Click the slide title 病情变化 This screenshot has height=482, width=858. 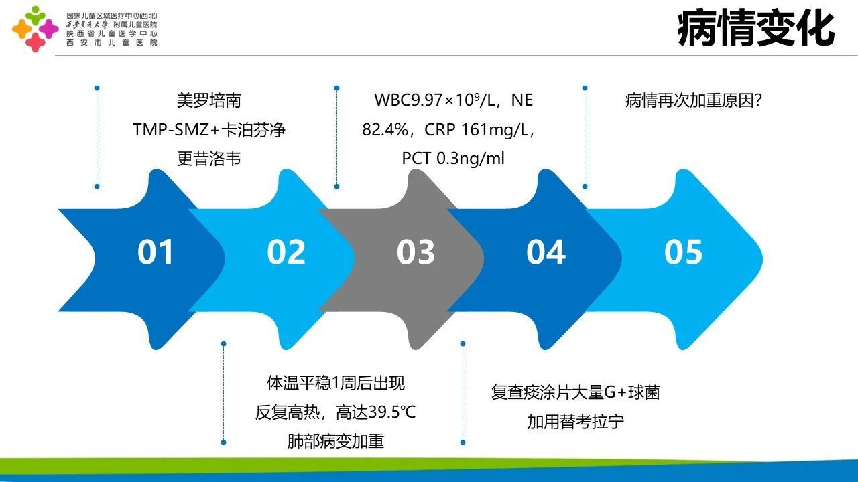(x=755, y=28)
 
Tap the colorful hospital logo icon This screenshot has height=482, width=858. (x=36, y=29)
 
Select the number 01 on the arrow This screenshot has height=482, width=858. (x=155, y=252)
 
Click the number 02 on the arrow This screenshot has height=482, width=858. (x=286, y=252)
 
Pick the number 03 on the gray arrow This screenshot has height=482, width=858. (x=416, y=252)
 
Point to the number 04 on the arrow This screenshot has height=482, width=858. (x=546, y=252)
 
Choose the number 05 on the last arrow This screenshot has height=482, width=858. (x=683, y=252)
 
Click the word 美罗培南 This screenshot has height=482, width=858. (x=208, y=100)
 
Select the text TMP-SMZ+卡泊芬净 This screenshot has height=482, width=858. (x=209, y=130)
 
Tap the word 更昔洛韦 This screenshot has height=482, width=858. (x=208, y=159)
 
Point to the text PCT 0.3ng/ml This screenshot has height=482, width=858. (x=453, y=159)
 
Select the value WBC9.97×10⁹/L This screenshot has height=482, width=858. (x=435, y=100)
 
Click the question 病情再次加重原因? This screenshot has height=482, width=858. (x=694, y=100)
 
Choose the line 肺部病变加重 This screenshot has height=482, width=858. (x=336, y=441)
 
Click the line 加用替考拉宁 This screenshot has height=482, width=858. (x=576, y=422)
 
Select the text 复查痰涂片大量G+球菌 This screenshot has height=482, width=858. (x=576, y=393)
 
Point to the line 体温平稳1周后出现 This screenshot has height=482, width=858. (x=336, y=383)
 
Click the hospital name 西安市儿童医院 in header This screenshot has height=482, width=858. (x=112, y=42)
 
